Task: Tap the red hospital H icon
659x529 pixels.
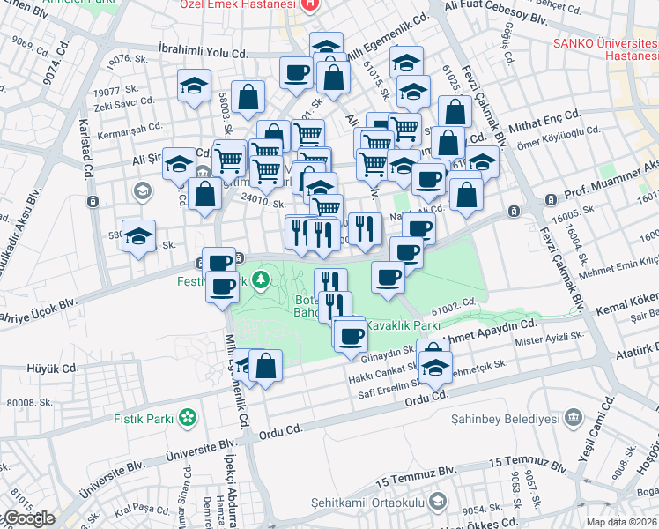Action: coord(308,5)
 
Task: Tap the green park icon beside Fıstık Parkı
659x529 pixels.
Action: coord(187,416)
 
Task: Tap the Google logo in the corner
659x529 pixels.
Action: coord(28,518)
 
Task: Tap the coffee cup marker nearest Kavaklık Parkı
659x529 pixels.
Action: coord(351,336)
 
